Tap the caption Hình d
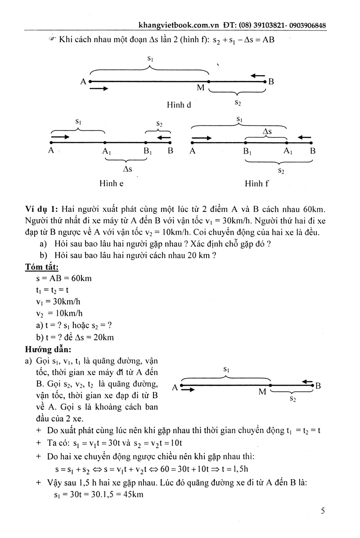179,105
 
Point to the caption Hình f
257,184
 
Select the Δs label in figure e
127,169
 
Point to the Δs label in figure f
267,131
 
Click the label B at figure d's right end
271,82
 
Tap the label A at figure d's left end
83,82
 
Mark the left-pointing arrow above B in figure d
258,75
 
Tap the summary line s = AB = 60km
64,278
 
